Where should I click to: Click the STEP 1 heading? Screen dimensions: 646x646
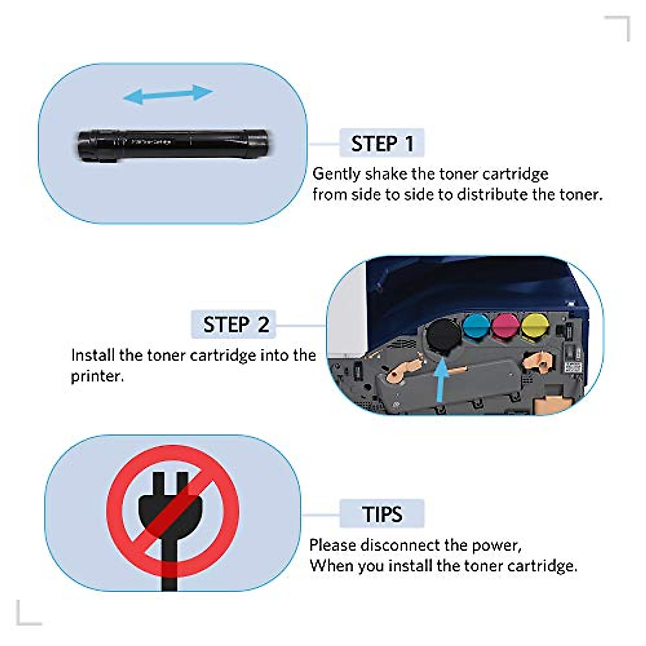[x=382, y=144]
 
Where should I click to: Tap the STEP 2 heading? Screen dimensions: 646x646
[x=235, y=325]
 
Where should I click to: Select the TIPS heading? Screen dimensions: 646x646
[x=382, y=514]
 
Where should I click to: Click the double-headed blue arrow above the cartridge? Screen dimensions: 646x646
[x=168, y=95]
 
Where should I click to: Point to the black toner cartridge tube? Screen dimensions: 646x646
[x=172, y=144]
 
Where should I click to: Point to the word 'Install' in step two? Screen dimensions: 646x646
[x=93, y=355]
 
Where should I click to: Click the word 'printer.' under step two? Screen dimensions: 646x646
[x=97, y=376]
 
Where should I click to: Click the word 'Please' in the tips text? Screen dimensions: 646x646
[x=332, y=545]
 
